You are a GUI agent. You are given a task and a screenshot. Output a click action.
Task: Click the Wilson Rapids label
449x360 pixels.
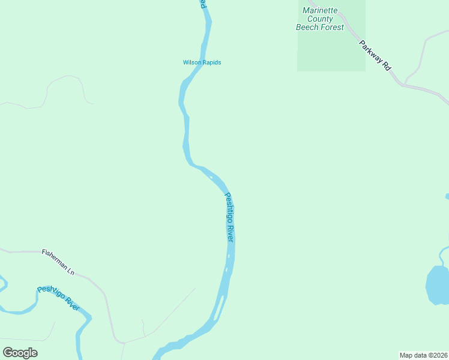[197, 62]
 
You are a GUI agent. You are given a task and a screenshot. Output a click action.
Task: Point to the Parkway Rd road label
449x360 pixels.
[375, 55]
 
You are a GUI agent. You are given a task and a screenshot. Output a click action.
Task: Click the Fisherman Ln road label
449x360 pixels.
[58, 262]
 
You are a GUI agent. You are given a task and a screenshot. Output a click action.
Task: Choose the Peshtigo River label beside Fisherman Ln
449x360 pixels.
[58, 298]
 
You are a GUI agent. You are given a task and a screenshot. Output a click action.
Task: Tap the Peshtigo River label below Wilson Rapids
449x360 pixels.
[229, 217]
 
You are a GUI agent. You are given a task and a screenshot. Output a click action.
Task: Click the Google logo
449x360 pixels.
[20, 353]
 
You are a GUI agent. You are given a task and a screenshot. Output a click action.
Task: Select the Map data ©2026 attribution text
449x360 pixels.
[423, 355]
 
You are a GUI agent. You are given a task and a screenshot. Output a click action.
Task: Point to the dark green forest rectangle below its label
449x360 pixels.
[331, 52]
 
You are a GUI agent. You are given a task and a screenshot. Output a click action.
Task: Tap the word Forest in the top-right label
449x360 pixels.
[333, 27]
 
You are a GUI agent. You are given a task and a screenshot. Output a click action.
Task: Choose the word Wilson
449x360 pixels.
[190, 62]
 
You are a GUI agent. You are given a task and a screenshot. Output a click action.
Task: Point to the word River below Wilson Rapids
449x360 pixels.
[231, 232]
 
